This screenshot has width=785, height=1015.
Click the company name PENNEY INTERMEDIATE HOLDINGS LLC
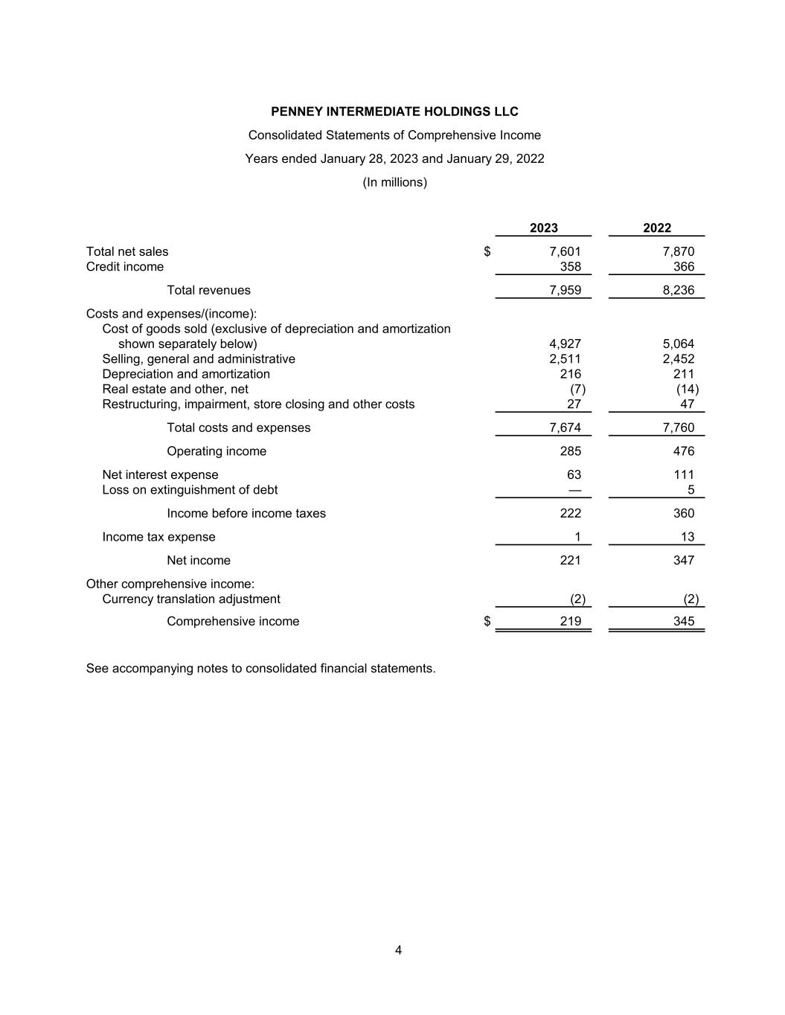point(394,112)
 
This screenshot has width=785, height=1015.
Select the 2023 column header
point(544,228)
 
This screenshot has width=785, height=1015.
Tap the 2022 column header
point(657,228)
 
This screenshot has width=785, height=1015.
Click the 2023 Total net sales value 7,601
point(565,252)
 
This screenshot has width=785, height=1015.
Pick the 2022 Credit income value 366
point(683,267)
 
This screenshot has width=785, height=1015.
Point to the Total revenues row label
point(208,291)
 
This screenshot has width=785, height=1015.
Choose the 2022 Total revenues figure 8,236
point(678,291)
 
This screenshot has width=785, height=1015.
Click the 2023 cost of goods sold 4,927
point(565,344)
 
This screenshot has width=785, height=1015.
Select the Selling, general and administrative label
point(199,359)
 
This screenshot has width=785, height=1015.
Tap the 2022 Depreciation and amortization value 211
point(683,374)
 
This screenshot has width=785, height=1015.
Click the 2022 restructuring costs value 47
point(687,405)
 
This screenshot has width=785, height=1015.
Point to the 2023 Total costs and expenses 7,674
point(565,428)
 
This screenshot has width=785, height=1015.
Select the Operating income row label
point(217,451)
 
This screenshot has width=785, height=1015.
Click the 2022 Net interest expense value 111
point(683,475)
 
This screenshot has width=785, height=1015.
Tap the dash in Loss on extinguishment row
point(574,490)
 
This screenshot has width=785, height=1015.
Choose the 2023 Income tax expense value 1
point(577,537)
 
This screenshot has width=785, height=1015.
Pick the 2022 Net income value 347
point(683,561)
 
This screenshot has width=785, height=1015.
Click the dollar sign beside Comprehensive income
point(487,622)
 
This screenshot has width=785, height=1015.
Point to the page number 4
point(398,950)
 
